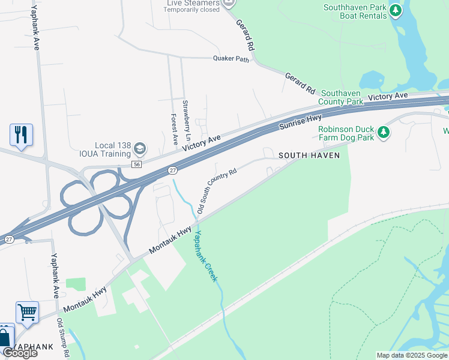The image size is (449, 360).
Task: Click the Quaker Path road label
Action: coord(231,58)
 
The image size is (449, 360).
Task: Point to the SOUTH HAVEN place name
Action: coord(309,155)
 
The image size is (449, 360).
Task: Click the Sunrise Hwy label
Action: coord(301,119)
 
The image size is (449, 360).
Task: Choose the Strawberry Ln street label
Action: coord(186,117)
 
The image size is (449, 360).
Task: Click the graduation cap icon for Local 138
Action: coord(139,148)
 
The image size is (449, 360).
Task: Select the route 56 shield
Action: coord(137,164)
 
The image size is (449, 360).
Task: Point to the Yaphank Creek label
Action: coord(205,257)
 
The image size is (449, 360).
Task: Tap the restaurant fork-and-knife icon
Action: coord(21,135)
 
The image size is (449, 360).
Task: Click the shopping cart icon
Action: coord(27,312)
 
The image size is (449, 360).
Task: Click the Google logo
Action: coord(20,353)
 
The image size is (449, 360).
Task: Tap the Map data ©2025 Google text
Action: coord(411,355)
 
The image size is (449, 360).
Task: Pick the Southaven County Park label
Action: coord(341,97)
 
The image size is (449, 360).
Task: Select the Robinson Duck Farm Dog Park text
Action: coord(346,133)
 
